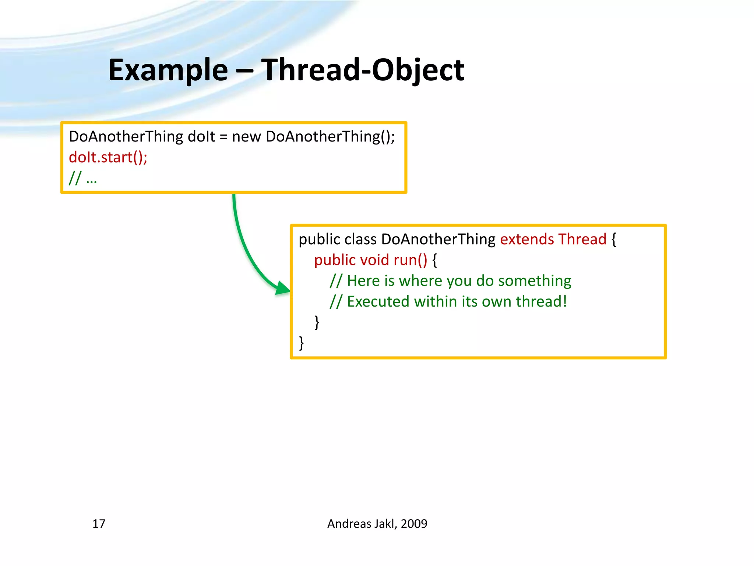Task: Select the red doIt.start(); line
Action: [x=108, y=157]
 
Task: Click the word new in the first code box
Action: [x=246, y=137]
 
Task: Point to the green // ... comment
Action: [x=83, y=178]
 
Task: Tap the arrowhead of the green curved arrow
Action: [x=283, y=288]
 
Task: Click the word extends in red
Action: [x=526, y=239]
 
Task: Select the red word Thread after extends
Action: [x=582, y=239]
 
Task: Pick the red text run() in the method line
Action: [x=410, y=260]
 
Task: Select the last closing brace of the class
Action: [x=302, y=343]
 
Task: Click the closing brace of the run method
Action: [x=317, y=322]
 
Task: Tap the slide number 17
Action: [x=99, y=524]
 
